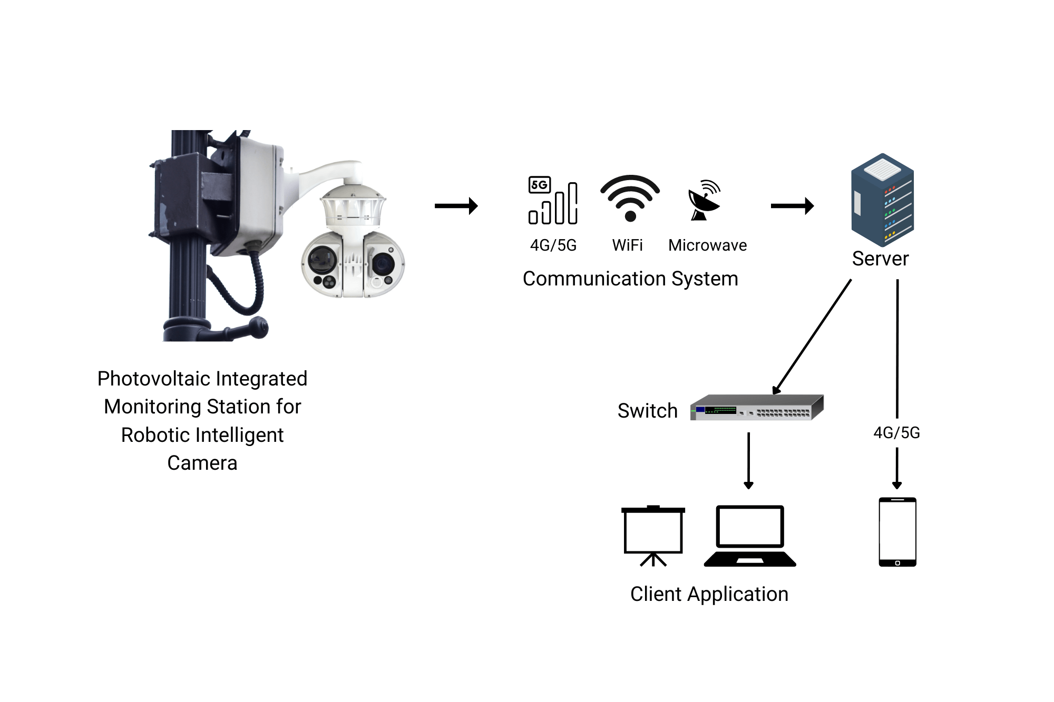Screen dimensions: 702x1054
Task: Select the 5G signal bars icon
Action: point(553,201)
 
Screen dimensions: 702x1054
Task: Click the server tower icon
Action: point(882,200)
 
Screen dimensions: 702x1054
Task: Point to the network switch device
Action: point(757,408)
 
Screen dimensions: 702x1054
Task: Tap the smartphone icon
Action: point(897,532)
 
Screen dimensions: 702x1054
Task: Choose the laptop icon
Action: point(749,536)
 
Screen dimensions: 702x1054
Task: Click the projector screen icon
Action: point(653,535)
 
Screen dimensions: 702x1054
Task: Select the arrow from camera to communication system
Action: point(456,206)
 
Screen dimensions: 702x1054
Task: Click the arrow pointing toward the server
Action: point(792,206)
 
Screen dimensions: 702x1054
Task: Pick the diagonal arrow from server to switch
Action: point(812,337)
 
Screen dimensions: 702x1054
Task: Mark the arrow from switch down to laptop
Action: point(748,461)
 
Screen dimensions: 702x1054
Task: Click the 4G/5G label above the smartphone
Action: point(896,433)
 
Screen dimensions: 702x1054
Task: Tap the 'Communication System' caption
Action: point(630,279)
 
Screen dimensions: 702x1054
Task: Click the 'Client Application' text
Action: point(709,594)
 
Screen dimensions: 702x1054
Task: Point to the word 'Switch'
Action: point(647,411)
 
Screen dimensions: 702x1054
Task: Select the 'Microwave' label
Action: point(707,245)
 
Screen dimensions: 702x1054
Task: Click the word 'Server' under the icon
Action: point(880,259)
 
